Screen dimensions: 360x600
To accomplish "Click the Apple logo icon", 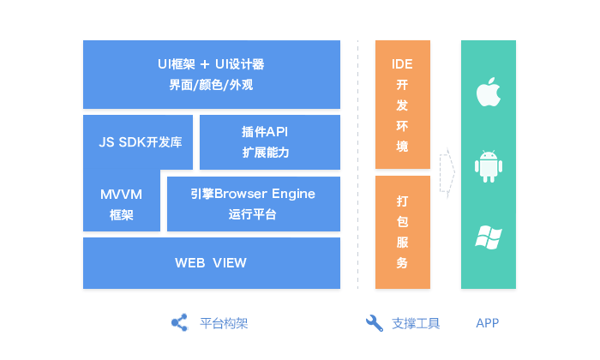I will point(488,91).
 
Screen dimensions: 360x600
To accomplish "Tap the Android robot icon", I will point(488,165).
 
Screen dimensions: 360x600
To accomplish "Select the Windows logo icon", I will point(488,237).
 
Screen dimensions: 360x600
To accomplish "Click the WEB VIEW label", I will point(211,262).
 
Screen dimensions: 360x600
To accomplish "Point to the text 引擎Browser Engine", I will point(253,194).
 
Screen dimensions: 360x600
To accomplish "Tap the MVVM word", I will point(121,194).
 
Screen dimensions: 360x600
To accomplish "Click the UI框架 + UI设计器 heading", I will point(211,64).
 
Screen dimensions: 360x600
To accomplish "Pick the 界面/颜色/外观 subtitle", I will point(211,85).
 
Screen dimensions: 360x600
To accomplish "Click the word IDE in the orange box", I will point(402,64).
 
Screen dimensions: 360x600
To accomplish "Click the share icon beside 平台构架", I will point(179,323).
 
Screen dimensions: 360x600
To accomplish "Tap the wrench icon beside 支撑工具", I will point(375,323).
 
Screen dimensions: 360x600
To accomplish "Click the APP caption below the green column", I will point(487,323).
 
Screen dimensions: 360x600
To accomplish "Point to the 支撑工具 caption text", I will point(416,323).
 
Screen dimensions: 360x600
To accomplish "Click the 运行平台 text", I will point(253,214).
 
